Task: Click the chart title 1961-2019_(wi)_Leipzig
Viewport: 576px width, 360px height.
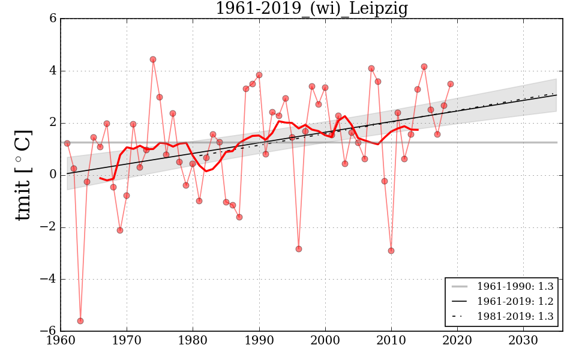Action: tap(311, 8)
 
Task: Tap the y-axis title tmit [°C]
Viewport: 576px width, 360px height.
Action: tap(23, 175)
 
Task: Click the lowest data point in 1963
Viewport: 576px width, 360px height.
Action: tap(80, 321)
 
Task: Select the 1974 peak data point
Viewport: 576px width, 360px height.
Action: tap(153, 59)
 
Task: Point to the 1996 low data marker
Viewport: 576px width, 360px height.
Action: tap(298, 249)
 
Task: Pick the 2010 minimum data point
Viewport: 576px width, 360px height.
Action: tap(391, 251)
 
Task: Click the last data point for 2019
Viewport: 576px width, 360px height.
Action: tap(451, 84)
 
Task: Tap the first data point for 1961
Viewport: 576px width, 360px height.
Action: tap(67, 143)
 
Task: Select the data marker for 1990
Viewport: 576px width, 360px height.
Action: tap(259, 75)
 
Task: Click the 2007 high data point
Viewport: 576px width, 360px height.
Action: tap(371, 68)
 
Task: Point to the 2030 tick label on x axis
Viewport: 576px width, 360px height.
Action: tap(523, 340)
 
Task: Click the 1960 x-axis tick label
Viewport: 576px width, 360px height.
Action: tap(61, 340)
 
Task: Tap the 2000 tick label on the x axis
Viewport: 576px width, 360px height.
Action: tap(325, 340)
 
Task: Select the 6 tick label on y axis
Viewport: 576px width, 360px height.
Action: tap(53, 19)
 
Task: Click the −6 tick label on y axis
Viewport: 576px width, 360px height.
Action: tap(49, 331)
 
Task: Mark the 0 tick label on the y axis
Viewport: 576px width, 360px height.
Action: tap(53, 175)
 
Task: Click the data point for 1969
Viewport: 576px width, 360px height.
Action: tap(120, 230)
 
